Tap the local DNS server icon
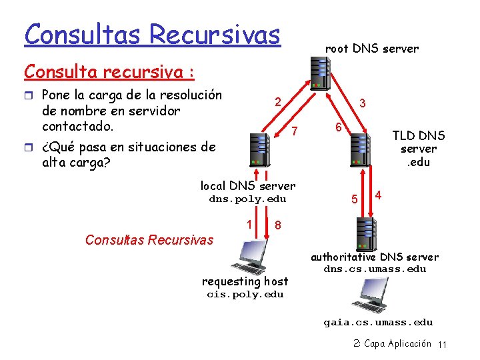point(258,149)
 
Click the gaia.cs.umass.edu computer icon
point(377,295)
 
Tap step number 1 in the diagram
point(249,225)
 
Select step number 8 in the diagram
point(277,225)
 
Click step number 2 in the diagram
point(277,102)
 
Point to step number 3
point(362,104)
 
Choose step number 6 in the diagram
point(338,127)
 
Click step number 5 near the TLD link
point(355,199)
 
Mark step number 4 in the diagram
point(378,195)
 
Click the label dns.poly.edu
point(247,199)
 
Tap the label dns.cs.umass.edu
point(375,269)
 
